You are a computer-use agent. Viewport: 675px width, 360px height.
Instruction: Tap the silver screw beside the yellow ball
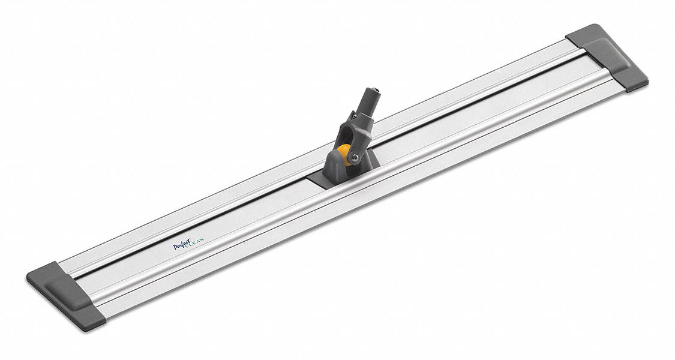click(355, 158)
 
